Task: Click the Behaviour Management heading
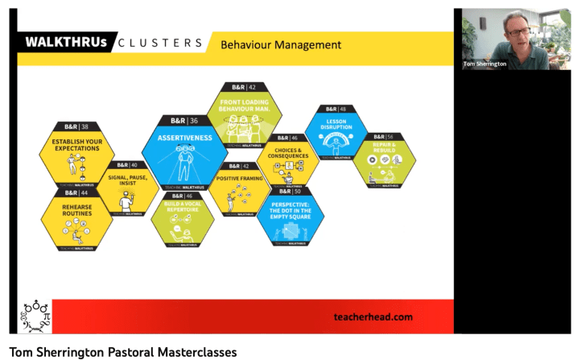coord(281,44)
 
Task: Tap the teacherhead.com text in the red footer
coord(373,317)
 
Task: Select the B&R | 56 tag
coord(384,137)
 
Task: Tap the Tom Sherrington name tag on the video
coord(484,64)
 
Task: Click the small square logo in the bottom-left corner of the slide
coord(35,317)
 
